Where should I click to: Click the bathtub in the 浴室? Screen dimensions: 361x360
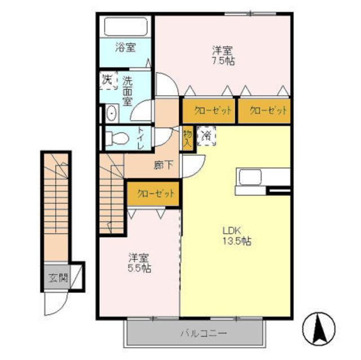tap(126, 26)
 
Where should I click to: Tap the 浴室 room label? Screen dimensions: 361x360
tap(125, 47)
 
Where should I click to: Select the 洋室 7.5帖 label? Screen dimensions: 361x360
tap(223, 55)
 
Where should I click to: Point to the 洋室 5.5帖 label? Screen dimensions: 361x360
tap(139, 263)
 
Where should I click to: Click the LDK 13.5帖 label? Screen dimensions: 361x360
tap(237, 236)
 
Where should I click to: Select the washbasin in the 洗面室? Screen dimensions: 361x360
tap(112, 113)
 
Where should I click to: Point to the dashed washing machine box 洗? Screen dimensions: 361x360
tap(108, 80)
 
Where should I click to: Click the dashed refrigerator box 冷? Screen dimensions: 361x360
tap(206, 136)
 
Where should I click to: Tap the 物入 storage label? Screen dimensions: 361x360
tap(188, 138)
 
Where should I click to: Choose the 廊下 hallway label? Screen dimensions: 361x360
tap(164, 165)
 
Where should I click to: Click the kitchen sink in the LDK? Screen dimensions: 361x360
tap(250, 177)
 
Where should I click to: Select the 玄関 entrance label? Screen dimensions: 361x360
tap(58, 278)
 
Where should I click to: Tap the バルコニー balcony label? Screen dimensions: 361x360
tap(203, 334)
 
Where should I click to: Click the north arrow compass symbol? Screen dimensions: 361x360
tap(319, 327)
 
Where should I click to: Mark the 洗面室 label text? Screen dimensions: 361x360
tap(127, 91)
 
